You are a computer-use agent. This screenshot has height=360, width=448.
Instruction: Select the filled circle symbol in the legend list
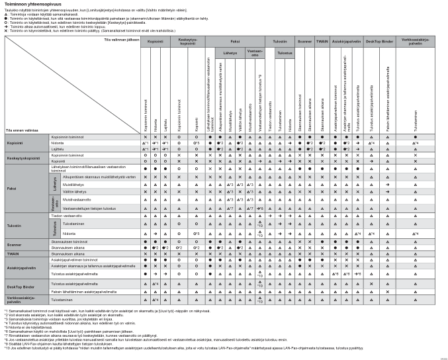[5, 19]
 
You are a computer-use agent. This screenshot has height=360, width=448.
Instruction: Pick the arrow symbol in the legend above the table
[5, 26]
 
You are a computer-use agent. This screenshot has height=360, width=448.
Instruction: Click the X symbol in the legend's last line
[5, 30]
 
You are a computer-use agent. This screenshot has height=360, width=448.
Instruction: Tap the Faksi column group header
[234, 41]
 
